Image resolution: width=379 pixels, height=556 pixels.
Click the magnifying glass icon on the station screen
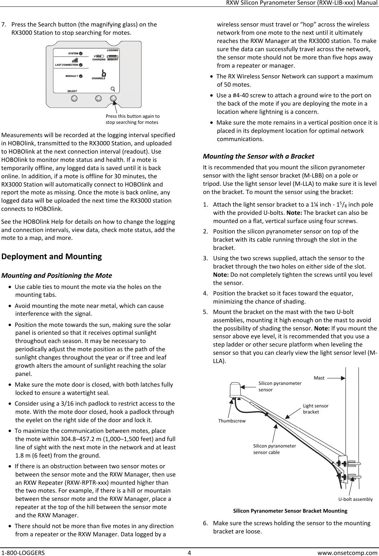point(113,89)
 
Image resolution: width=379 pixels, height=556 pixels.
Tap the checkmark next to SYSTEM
point(81,54)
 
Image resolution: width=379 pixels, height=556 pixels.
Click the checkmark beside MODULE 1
point(81,76)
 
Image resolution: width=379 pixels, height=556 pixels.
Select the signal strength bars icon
point(75,60)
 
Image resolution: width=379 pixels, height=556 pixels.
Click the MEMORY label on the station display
point(113,60)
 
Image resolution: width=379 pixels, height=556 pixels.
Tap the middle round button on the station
point(98,98)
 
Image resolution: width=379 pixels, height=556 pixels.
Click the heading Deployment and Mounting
point(52,257)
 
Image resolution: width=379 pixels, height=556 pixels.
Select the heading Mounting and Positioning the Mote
point(57,276)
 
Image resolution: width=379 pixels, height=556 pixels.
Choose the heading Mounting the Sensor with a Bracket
point(259,156)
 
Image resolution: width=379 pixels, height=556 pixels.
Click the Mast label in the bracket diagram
point(319,378)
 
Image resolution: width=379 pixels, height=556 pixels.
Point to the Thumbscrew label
point(232,421)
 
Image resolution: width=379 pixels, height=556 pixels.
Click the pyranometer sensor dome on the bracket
point(235,390)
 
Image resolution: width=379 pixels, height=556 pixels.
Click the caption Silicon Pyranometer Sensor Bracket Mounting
point(290,511)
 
